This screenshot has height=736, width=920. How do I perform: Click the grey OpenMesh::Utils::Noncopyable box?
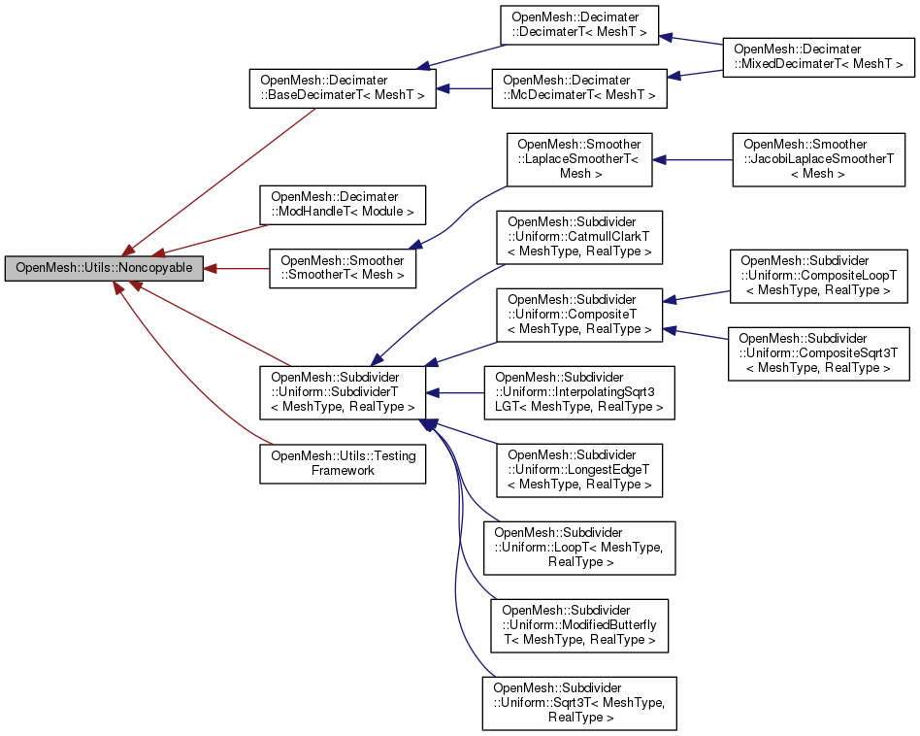click(x=104, y=268)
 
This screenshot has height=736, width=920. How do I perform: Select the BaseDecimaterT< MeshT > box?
click(x=343, y=87)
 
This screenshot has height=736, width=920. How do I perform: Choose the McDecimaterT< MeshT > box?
click(x=579, y=87)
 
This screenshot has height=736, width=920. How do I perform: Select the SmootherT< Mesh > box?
click(x=343, y=268)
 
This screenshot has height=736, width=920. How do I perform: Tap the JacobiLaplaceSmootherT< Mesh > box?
click(x=818, y=159)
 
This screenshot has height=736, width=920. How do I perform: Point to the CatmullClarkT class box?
click(x=578, y=238)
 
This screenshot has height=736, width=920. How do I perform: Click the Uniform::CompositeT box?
click(x=578, y=315)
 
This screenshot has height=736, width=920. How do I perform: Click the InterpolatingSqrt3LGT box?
click(x=579, y=392)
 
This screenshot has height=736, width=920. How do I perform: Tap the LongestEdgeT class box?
click(x=578, y=470)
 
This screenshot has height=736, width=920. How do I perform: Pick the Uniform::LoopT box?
click(x=579, y=548)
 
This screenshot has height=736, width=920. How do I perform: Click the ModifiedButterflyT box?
click(x=579, y=625)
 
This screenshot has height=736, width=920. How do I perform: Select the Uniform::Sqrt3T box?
click(x=579, y=703)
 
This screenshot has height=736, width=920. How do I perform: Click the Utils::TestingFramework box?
click(x=343, y=462)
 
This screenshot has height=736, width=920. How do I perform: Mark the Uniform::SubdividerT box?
click(x=343, y=392)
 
